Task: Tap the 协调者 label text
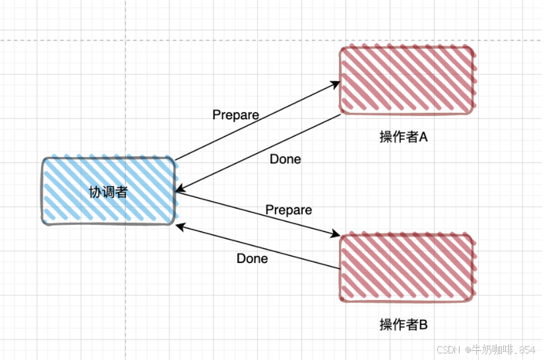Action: click(x=108, y=192)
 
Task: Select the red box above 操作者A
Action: click(x=406, y=80)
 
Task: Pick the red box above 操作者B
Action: click(x=407, y=268)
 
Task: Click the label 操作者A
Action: click(x=404, y=137)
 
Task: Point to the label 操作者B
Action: click(x=404, y=324)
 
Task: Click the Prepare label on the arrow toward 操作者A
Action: click(x=235, y=115)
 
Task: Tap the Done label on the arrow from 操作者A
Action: click(x=286, y=159)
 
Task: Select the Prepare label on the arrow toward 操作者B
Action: click(x=288, y=210)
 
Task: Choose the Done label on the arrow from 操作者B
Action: click(x=252, y=258)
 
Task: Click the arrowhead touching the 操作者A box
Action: click(x=336, y=83)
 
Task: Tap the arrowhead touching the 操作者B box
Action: click(x=336, y=235)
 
